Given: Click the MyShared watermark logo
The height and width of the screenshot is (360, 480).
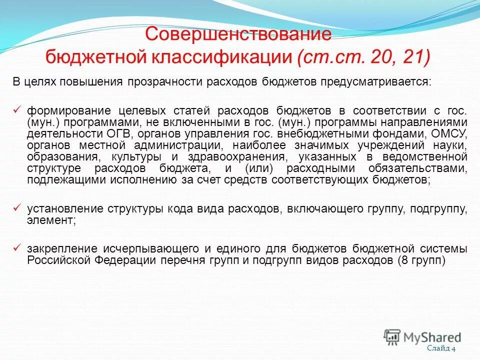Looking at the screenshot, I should tap(422, 336).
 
